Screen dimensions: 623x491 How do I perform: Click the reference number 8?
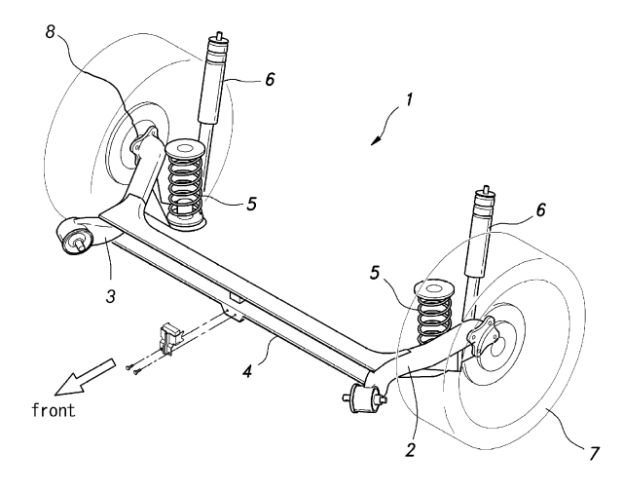[50, 31]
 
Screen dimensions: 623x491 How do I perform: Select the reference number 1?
[409, 99]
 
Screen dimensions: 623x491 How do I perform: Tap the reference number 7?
[594, 454]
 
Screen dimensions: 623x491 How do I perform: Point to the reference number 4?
[247, 372]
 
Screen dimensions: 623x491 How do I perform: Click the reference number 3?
[111, 296]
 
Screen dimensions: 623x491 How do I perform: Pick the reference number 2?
[410, 449]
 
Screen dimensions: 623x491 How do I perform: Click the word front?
[54, 410]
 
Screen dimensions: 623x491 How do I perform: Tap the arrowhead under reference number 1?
[375, 140]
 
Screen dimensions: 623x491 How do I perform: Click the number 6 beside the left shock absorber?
[270, 79]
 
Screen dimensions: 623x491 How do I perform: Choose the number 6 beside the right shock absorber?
[541, 209]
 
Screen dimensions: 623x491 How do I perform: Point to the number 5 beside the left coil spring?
[251, 204]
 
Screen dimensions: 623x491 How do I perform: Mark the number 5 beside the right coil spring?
[374, 273]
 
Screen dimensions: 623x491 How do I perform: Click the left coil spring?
[185, 184]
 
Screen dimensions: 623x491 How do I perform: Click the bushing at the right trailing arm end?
[364, 398]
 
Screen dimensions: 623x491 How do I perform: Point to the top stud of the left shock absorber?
[218, 36]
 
